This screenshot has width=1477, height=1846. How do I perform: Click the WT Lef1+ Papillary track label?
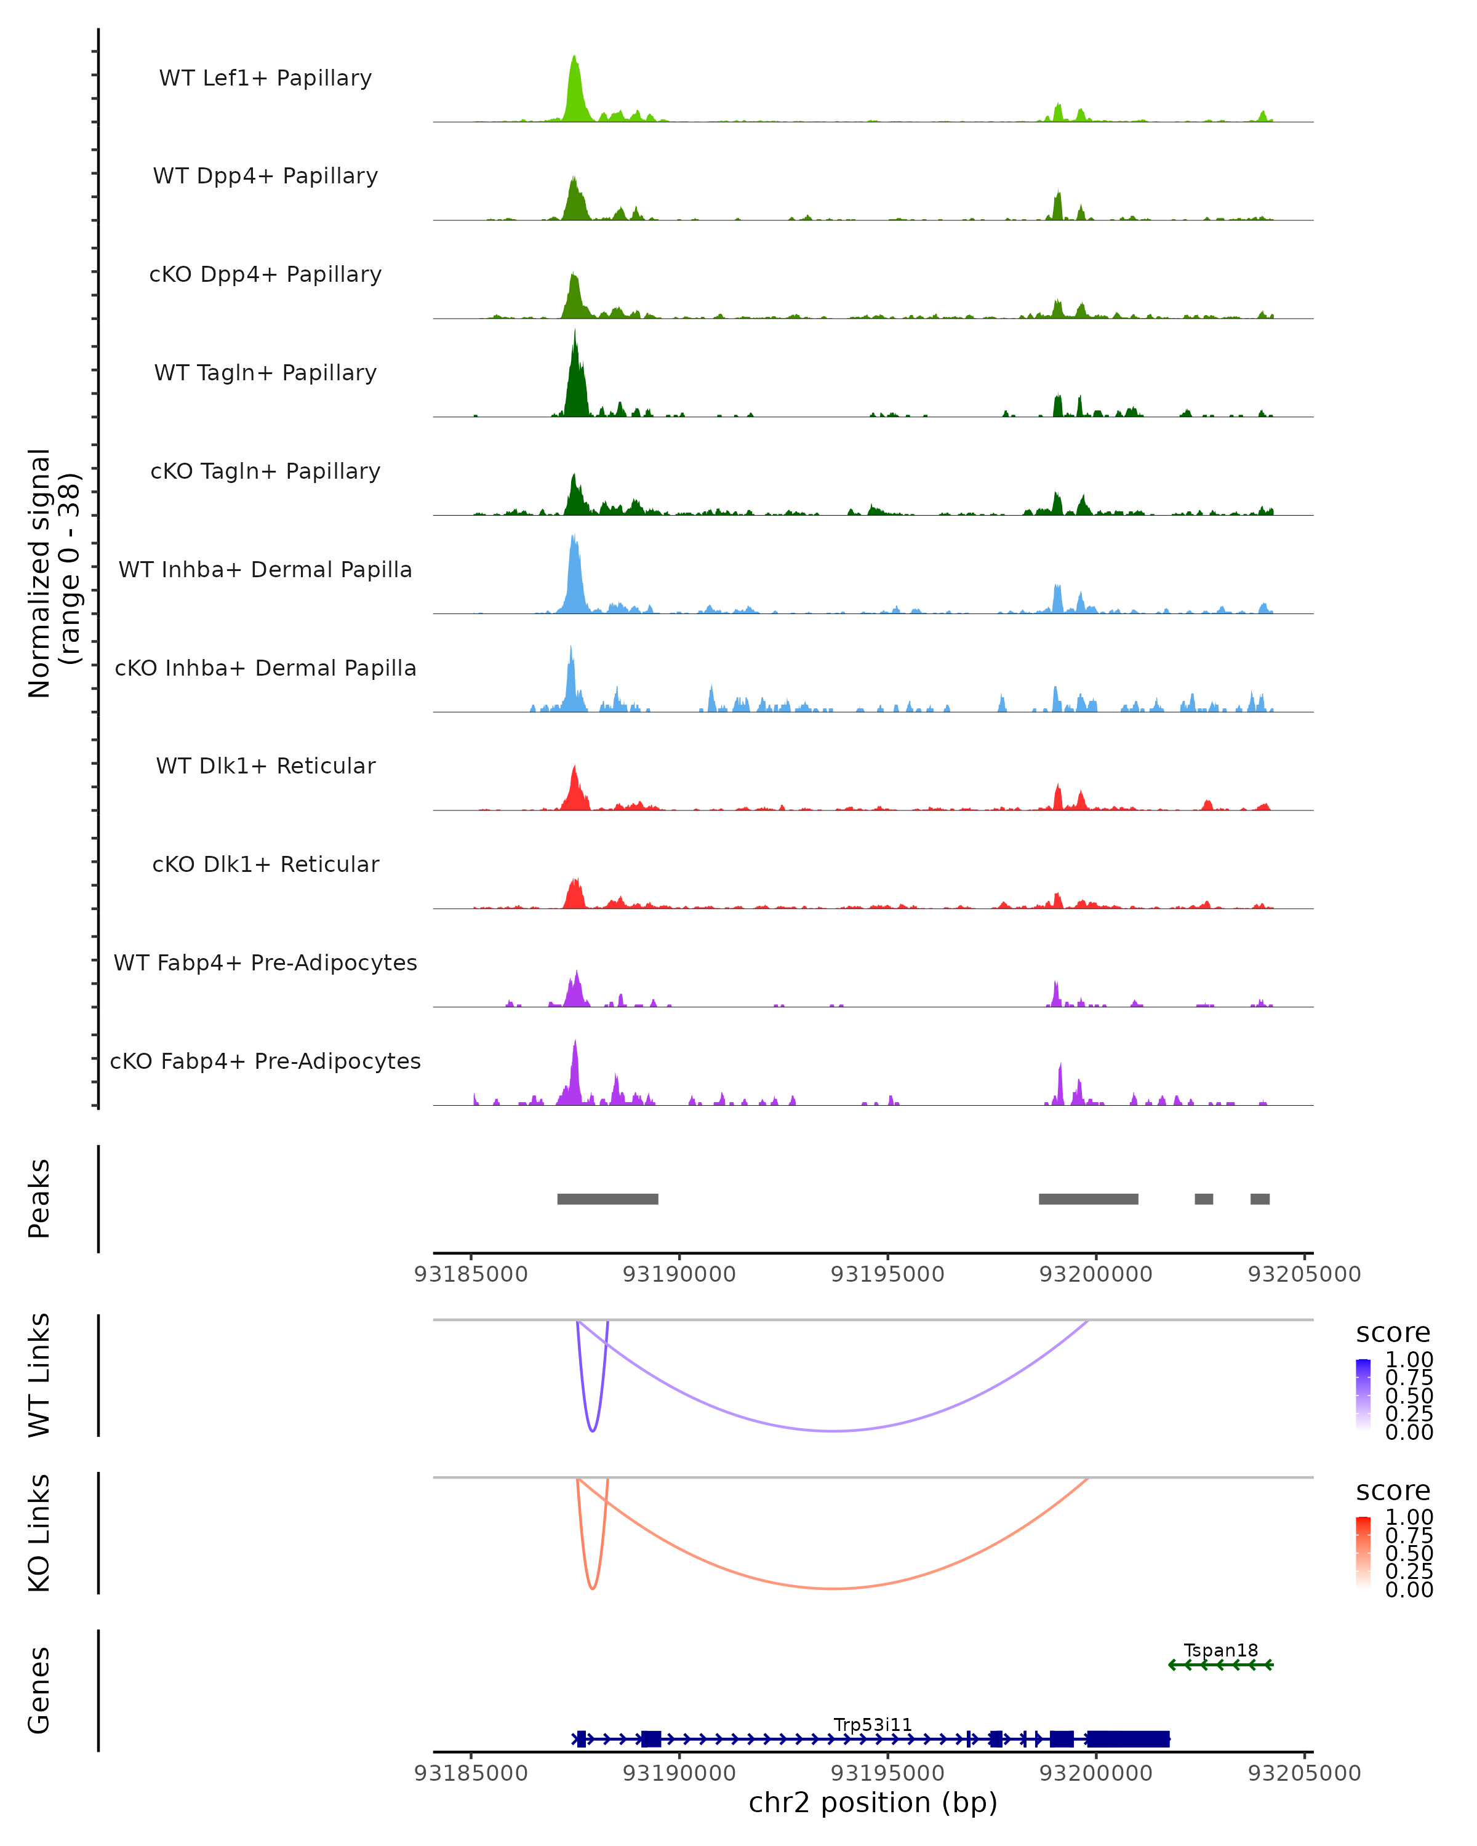click(x=265, y=78)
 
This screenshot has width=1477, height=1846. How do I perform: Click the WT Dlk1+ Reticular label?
click(x=265, y=765)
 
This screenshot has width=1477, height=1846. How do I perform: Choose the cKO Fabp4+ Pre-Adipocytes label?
click(x=265, y=1061)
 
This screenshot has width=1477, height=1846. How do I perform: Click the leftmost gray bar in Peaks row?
click(x=608, y=1199)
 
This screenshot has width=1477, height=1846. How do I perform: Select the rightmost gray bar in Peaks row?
click(x=1260, y=1199)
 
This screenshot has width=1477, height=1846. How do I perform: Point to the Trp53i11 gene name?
click(x=873, y=1724)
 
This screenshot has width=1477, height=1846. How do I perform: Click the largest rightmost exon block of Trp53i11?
click(x=1127, y=1739)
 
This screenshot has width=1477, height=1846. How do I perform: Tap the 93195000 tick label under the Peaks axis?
click(x=888, y=1274)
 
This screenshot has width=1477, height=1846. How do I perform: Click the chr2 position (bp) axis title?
click(x=873, y=1802)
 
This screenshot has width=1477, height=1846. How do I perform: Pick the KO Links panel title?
click(x=39, y=1533)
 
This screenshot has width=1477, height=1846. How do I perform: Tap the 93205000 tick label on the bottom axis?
click(x=1304, y=1773)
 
